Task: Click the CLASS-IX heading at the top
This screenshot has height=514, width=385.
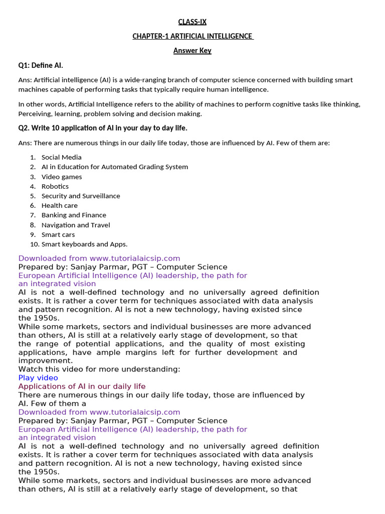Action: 192,22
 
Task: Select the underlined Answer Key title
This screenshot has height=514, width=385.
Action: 192,50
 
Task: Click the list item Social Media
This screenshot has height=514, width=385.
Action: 61,157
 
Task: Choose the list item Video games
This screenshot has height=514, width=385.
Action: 62,177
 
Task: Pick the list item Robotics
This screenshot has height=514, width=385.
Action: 55,186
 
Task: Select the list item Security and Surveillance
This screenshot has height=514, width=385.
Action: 81,196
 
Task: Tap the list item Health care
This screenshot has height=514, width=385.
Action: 60,205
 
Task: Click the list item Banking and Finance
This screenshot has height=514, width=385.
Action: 74,215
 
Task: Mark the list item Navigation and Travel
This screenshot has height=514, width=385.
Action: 76,225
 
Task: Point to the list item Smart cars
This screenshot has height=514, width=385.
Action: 58,234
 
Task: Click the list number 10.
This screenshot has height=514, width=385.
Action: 34,244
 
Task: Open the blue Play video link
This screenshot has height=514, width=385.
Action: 38,377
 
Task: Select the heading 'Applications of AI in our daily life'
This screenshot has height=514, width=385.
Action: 82,386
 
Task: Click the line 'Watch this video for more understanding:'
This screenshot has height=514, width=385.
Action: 99,369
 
